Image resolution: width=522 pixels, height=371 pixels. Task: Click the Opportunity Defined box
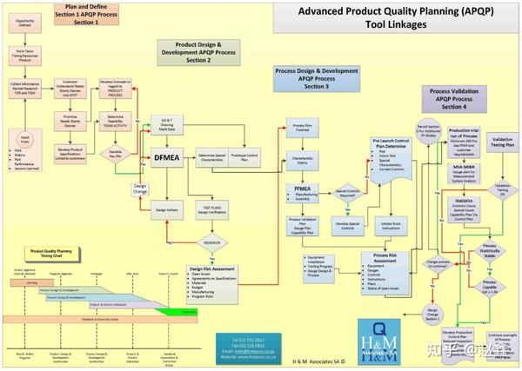pyautogui.click(x=27, y=23)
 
